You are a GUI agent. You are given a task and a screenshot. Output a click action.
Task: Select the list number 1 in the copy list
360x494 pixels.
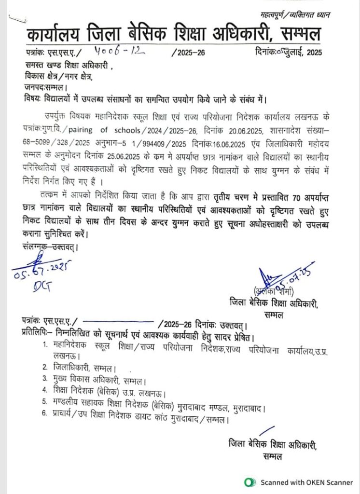tap(45, 344)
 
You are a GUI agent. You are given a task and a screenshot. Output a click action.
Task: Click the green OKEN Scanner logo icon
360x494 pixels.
tap(249, 481)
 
